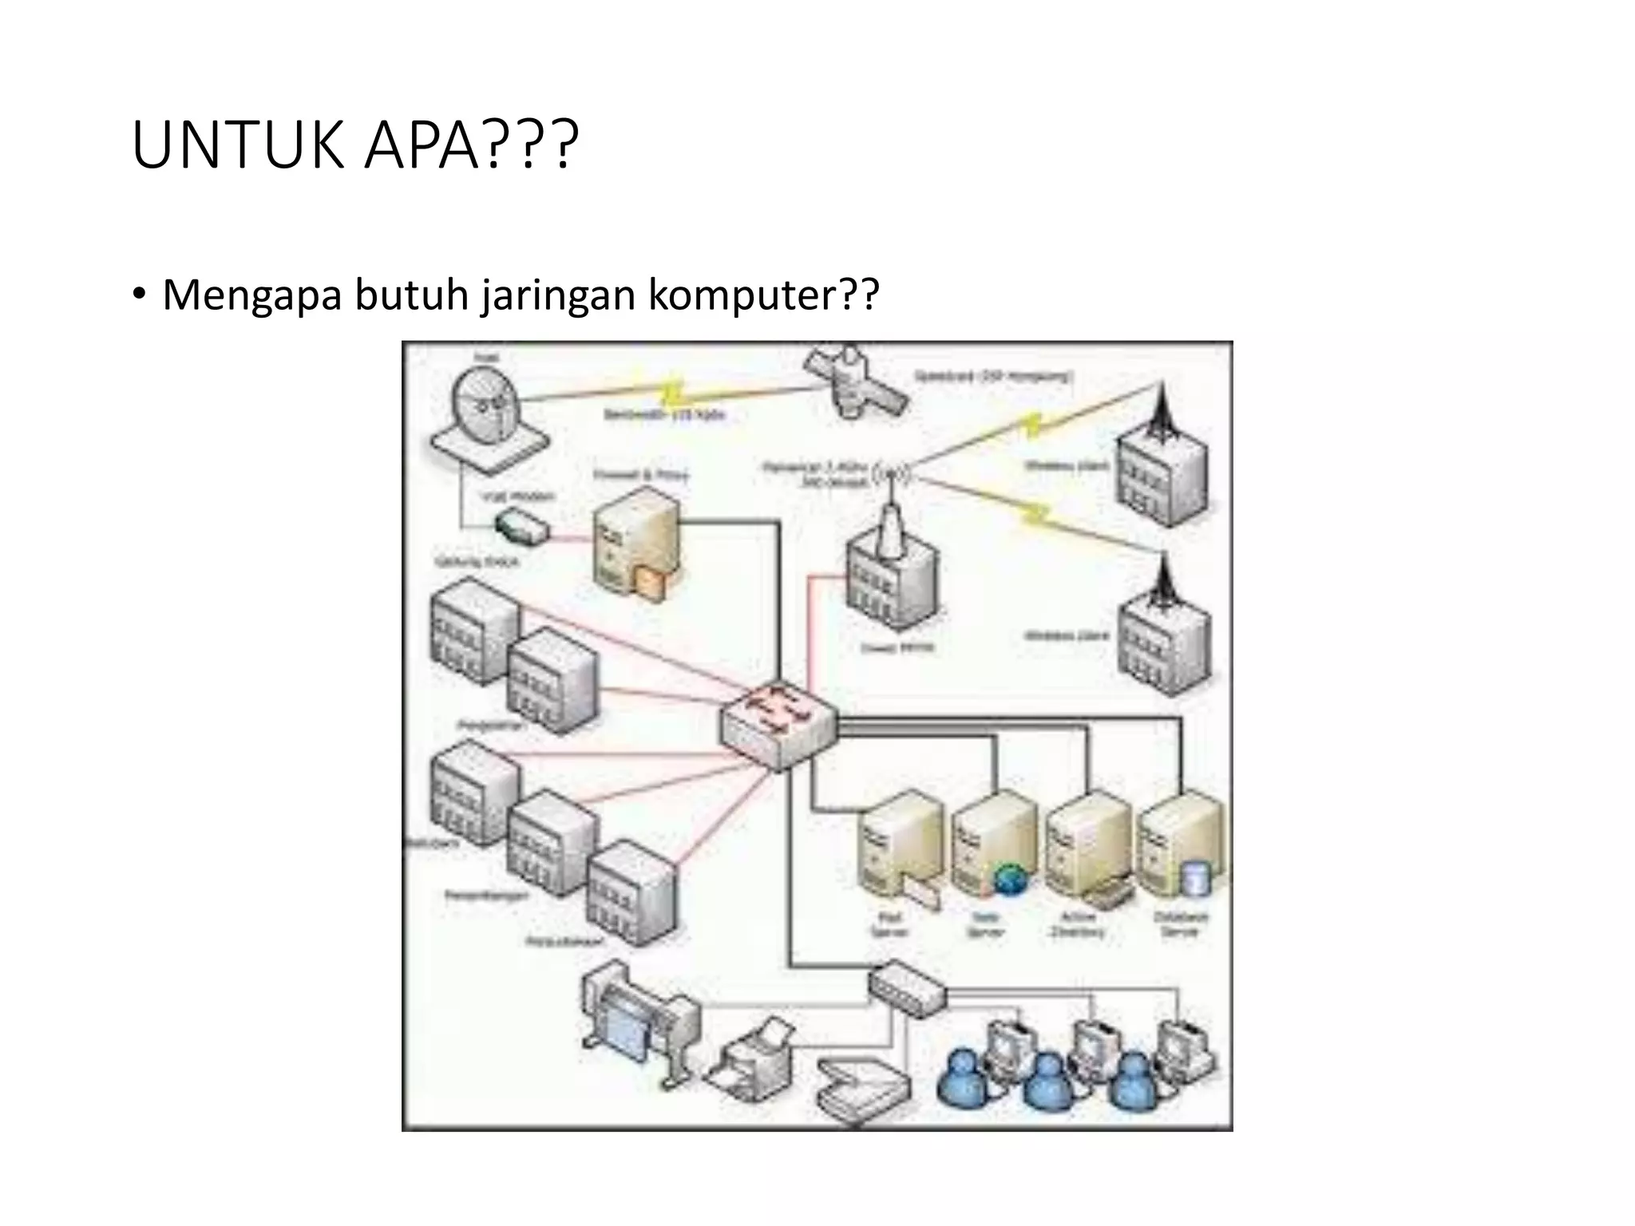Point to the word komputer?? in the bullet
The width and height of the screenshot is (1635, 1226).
[x=763, y=295]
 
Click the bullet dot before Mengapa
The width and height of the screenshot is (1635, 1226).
[x=140, y=294]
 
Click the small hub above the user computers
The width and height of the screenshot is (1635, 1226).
[x=907, y=989]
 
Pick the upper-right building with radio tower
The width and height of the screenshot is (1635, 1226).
[x=1162, y=466]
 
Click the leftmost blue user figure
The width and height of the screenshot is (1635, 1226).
[x=964, y=1078]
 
